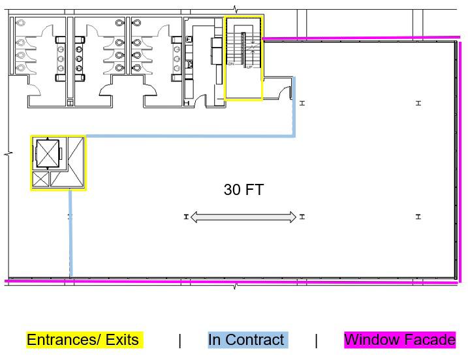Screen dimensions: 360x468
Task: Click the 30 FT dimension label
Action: pyautogui.click(x=243, y=190)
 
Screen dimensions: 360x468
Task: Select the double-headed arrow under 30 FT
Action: pyautogui.click(x=243, y=217)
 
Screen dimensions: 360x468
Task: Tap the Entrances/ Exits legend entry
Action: pyautogui.click(x=83, y=340)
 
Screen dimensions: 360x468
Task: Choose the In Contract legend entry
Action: pyautogui.click(x=246, y=340)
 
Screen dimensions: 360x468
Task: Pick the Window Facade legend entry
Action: pyautogui.click(x=399, y=340)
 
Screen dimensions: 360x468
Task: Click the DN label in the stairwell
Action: pyautogui.click(x=230, y=64)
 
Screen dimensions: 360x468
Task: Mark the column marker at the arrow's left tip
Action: pyautogui.click(x=186, y=217)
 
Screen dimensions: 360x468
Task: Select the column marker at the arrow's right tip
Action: pyautogui.click(x=302, y=217)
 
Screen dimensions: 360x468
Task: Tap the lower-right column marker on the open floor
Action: pyautogui.click(x=418, y=217)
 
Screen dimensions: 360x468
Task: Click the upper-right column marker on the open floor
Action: pyautogui.click(x=418, y=103)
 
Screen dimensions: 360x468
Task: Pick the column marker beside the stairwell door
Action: pyautogui.click(x=302, y=103)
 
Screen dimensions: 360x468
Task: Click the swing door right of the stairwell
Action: pyautogui.click(x=284, y=93)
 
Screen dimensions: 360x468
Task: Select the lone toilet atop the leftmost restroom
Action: pyautogui.click(x=20, y=22)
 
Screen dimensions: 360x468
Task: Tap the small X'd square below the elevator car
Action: pyautogui.click(x=40, y=178)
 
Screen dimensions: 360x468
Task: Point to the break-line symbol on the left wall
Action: pyautogui.click(x=8, y=155)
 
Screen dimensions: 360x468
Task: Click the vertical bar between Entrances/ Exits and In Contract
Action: pyautogui.click(x=179, y=340)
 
